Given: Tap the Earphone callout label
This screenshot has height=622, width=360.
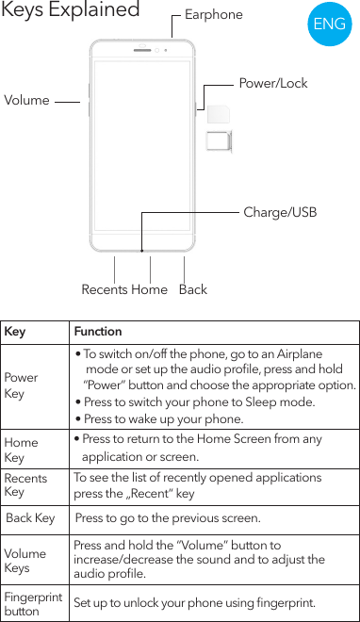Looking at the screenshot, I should click(x=213, y=15).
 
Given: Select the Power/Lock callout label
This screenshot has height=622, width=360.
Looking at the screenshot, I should click(x=273, y=84).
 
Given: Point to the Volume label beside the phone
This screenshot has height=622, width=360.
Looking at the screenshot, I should click(x=27, y=100).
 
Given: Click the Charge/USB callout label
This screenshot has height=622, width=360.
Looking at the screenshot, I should click(x=281, y=213).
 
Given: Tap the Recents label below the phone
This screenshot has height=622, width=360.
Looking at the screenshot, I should click(x=104, y=289).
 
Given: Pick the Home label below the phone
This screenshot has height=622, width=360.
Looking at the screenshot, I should click(x=149, y=289).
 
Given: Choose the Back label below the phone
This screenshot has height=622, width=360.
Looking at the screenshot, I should click(x=192, y=289).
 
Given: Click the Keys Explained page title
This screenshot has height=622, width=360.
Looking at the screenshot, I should click(x=71, y=11).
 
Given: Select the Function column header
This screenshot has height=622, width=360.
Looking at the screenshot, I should click(x=98, y=332).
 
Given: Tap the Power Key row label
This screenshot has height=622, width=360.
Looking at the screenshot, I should click(x=21, y=385).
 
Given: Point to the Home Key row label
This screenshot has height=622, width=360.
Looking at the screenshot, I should click(x=21, y=450).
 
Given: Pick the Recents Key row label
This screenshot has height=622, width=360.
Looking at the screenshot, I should click(x=25, y=485).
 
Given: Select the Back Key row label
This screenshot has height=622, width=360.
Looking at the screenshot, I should click(x=30, y=518).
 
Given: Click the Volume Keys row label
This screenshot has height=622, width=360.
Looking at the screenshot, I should click(x=25, y=561).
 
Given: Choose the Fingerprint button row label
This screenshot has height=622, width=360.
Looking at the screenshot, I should click(x=33, y=603).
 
